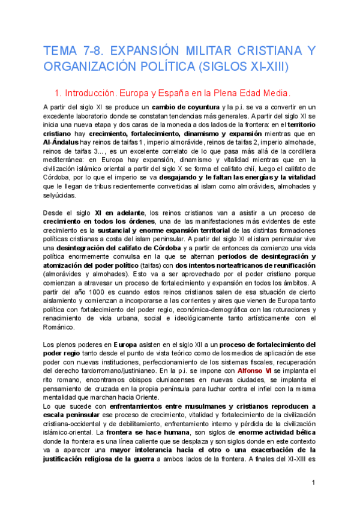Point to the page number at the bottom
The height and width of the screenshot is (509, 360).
click(313, 483)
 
